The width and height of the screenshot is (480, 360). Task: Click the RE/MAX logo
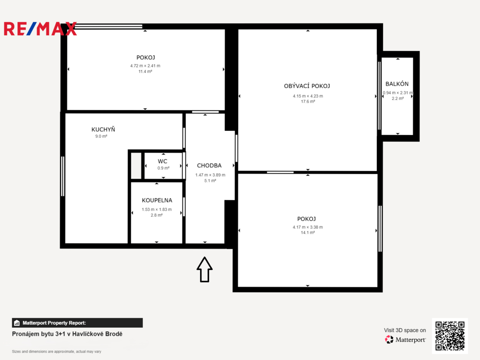click(x=40, y=29)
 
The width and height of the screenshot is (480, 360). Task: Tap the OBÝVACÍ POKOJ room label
click(x=307, y=86)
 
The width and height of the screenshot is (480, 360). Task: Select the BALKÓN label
click(x=397, y=84)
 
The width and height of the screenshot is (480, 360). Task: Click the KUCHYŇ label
click(x=103, y=129)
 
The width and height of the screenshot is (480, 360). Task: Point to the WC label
click(x=163, y=161)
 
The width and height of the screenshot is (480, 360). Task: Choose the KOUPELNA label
click(x=157, y=200)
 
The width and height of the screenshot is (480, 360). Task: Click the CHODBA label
click(x=209, y=165)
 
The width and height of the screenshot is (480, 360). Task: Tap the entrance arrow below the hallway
click(x=204, y=270)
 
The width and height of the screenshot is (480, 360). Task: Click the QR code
click(x=450, y=335)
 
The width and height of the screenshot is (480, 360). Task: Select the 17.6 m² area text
click(x=308, y=102)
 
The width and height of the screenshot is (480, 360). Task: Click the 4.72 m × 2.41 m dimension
click(x=145, y=66)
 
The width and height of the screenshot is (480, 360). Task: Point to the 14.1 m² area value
click(x=308, y=232)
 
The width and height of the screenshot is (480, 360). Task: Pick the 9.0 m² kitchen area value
click(x=101, y=136)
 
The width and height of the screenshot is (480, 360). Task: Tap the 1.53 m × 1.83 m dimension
click(x=157, y=210)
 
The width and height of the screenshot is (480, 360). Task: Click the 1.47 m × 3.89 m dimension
click(x=210, y=175)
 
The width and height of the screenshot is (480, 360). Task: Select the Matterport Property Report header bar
click(x=77, y=322)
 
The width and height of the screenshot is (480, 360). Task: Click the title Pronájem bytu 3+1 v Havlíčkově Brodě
click(x=67, y=334)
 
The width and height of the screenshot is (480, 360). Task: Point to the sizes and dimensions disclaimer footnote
click(x=56, y=352)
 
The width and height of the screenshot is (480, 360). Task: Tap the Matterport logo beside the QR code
click(x=405, y=339)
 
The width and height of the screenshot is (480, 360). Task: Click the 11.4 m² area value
click(x=145, y=72)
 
